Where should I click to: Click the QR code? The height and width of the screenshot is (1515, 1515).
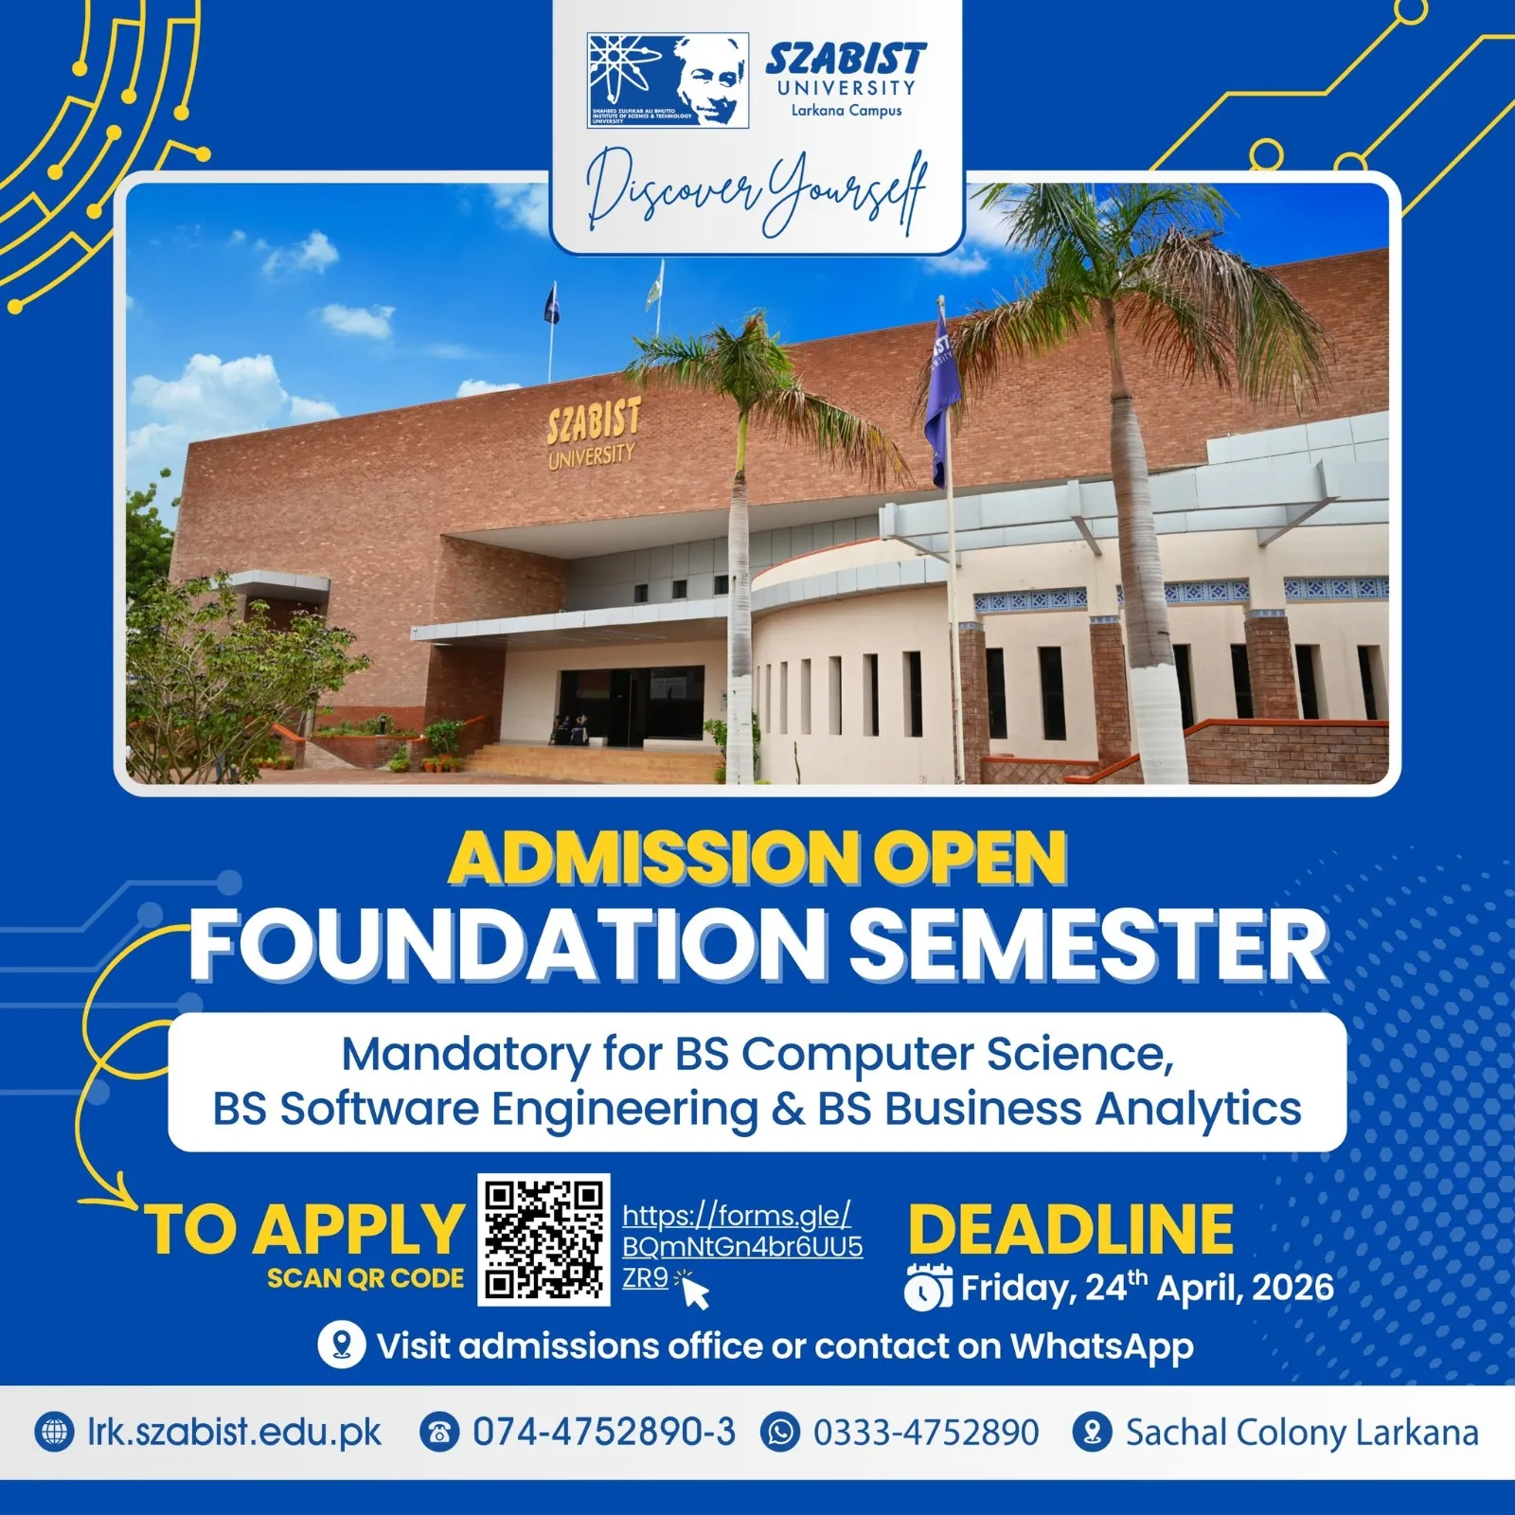tap(544, 1239)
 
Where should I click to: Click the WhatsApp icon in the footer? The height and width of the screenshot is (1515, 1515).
tap(780, 1433)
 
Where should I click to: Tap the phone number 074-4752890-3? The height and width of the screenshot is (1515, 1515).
tap(603, 1433)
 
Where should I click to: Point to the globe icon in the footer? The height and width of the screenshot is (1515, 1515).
tap(54, 1433)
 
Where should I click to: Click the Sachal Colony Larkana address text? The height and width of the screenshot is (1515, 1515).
tap(1301, 1433)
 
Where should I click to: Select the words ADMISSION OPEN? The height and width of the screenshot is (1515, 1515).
tap(757, 858)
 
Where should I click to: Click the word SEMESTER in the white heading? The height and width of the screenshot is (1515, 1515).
tap(1086, 946)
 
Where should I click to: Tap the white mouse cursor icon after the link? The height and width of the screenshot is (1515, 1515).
tap(696, 1292)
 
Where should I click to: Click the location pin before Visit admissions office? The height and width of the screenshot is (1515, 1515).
tap(341, 1346)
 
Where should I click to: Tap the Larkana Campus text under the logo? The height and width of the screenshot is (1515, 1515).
tap(847, 111)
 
